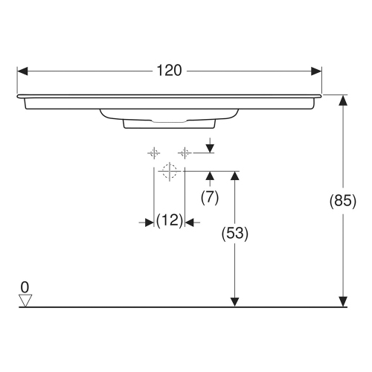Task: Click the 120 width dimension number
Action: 169,71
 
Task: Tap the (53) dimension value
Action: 235,232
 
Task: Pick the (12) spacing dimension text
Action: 170,221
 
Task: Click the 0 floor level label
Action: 25,286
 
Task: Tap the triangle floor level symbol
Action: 26,300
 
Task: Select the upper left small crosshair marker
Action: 153,153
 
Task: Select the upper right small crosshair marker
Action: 184,153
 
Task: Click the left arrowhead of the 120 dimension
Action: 22,71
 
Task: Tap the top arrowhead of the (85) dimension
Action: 343,100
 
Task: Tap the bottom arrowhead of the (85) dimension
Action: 343,301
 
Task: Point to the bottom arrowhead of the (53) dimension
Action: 235,301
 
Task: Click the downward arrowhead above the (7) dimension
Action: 210,148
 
